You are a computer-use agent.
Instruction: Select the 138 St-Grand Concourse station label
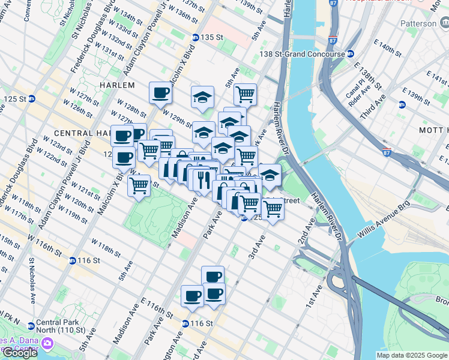click(x=302, y=54)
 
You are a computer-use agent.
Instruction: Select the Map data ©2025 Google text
click(x=412, y=355)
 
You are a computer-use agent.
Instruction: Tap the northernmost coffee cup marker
click(x=160, y=93)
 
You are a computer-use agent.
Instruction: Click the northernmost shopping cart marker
click(x=245, y=94)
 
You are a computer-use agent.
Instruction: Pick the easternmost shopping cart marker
click(x=273, y=209)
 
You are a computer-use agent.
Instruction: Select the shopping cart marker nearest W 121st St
click(x=139, y=185)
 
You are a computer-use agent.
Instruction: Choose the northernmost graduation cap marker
click(x=203, y=97)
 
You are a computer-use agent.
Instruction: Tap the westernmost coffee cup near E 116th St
click(x=192, y=296)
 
